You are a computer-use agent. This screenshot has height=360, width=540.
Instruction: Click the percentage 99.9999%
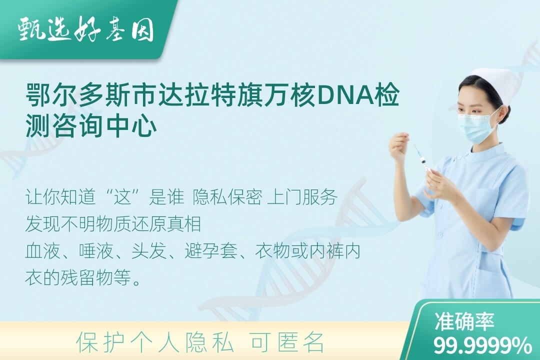[482, 345]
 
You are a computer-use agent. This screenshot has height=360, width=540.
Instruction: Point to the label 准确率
[464, 321]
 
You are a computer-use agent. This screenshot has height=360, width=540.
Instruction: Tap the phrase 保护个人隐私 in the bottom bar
[155, 342]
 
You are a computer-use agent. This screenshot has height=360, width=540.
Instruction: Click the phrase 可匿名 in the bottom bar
[287, 342]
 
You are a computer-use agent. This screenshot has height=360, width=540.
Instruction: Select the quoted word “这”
[123, 196]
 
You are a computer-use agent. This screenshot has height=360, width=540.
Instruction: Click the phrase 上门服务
[302, 196]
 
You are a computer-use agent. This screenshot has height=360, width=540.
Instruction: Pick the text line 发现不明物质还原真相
[113, 223]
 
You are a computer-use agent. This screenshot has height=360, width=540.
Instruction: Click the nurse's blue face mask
[477, 124]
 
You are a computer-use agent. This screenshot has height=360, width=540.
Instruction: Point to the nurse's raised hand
[399, 145]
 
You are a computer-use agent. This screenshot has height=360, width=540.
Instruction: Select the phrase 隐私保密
[227, 196]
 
